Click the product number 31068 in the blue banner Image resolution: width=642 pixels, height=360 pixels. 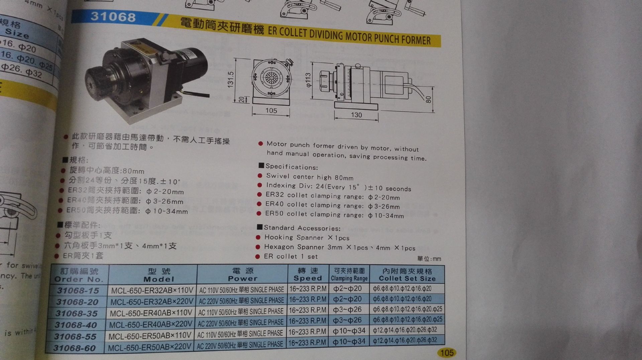(x=113, y=17)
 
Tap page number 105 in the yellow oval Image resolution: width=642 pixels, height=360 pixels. (x=447, y=353)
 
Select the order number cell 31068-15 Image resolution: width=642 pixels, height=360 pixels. (x=78, y=291)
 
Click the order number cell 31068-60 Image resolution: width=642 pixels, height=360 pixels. (x=75, y=348)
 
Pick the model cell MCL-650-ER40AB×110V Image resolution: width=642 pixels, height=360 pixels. (x=151, y=313)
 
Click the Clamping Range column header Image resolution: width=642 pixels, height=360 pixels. (x=349, y=275)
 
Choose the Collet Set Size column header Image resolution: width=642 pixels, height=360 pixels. (x=407, y=275)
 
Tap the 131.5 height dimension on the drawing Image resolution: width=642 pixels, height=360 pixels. (x=231, y=79)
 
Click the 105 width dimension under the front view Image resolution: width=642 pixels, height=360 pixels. (x=271, y=111)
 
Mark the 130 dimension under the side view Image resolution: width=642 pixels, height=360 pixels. (x=356, y=115)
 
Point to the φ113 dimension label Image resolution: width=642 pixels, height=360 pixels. (x=308, y=80)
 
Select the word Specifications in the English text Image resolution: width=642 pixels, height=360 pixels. (x=291, y=167)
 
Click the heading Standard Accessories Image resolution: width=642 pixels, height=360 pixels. (x=302, y=228)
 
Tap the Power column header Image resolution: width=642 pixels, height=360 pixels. (x=243, y=275)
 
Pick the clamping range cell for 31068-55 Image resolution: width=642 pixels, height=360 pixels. (x=349, y=331)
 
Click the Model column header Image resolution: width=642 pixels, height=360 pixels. (x=159, y=275)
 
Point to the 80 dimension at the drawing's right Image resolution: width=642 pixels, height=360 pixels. (x=429, y=99)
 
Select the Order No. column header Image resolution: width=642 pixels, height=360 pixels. (x=79, y=275)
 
